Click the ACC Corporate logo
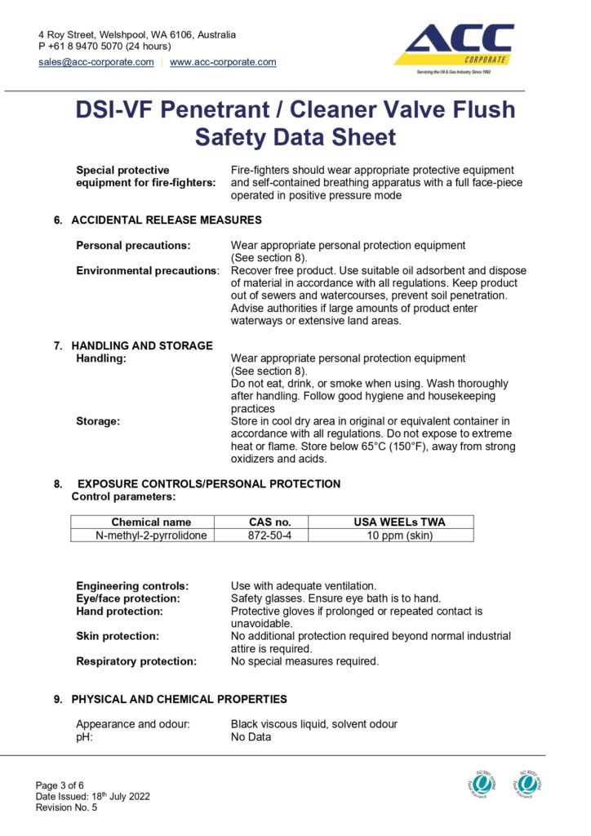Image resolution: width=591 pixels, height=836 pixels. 454,47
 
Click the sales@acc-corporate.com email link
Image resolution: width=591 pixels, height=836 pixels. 96,62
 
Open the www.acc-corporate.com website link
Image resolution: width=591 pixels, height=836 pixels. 223,62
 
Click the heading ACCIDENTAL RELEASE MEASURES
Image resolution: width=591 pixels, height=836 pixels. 167,220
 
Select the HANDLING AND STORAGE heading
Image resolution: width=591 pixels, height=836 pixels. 142,345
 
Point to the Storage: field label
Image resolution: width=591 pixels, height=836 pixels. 98,421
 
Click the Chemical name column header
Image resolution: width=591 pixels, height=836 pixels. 151,522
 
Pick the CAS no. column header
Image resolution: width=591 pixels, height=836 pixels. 269,522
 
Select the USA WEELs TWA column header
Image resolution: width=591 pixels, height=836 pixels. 399,522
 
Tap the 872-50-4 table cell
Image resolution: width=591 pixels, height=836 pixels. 269,536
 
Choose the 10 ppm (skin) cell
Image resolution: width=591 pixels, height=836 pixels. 399,536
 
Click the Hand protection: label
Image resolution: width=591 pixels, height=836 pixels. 119,611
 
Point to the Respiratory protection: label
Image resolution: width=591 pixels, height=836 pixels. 136,661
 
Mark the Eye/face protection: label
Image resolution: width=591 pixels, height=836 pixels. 127,598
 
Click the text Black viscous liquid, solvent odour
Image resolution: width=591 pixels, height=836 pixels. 314,724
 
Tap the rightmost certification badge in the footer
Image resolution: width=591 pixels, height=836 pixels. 528,784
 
